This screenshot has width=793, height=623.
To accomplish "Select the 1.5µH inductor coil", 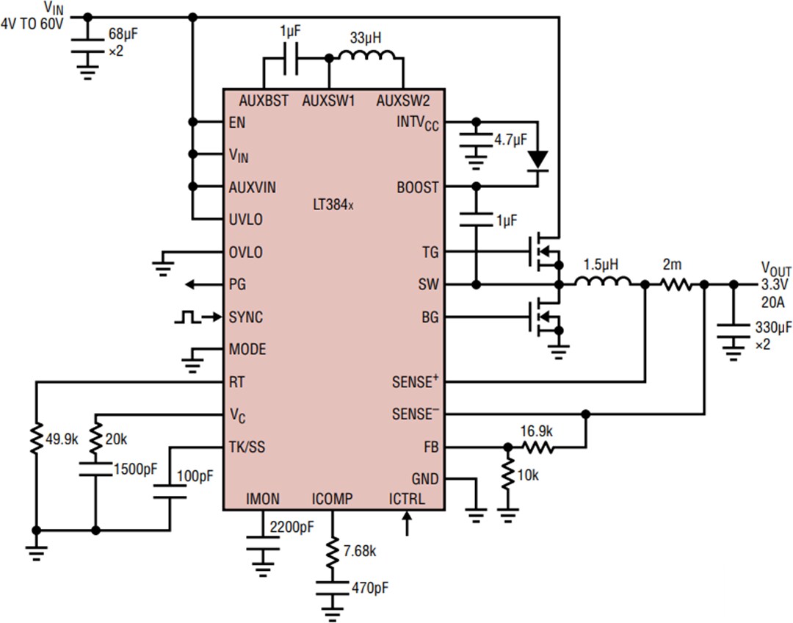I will pyautogui.click(x=601, y=282).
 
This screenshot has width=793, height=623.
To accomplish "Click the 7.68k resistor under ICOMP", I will pyautogui.click(x=334, y=551).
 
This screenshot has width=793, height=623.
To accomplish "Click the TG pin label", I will pyautogui.click(x=430, y=253).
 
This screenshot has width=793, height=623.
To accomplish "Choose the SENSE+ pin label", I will pyautogui.click(x=415, y=382).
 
